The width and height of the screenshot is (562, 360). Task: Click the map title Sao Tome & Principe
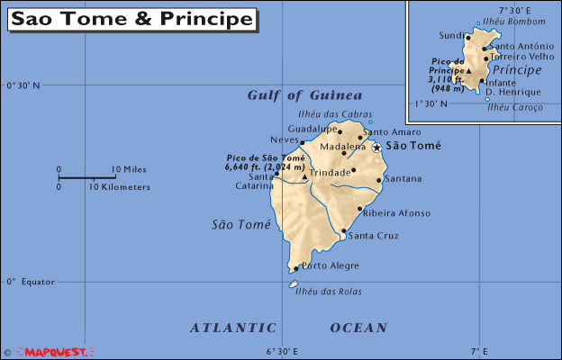pos(132,19)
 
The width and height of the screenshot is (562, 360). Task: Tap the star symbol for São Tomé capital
pos(376,147)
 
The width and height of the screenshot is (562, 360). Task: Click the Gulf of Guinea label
pos(304,95)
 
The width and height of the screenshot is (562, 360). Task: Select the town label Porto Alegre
pos(330,265)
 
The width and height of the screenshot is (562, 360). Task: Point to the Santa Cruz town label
pos(372,236)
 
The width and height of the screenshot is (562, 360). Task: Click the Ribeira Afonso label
pos(396,213)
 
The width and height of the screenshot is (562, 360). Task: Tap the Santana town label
pos(403,178)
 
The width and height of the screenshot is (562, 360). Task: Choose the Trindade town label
pos(328,172)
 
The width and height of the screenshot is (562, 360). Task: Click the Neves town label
pos(284,139)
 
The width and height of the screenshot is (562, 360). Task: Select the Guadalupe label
pos(312,128)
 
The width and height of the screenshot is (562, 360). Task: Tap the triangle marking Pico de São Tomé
pos(304,177)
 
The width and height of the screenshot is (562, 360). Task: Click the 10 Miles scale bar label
pos(129,169)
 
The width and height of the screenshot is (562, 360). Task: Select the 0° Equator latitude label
pos(31,281)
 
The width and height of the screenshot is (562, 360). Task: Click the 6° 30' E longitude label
pos(281,350)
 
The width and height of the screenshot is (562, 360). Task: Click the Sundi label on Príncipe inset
pos(451,36)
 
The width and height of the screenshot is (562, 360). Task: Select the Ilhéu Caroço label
pos(515,107)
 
